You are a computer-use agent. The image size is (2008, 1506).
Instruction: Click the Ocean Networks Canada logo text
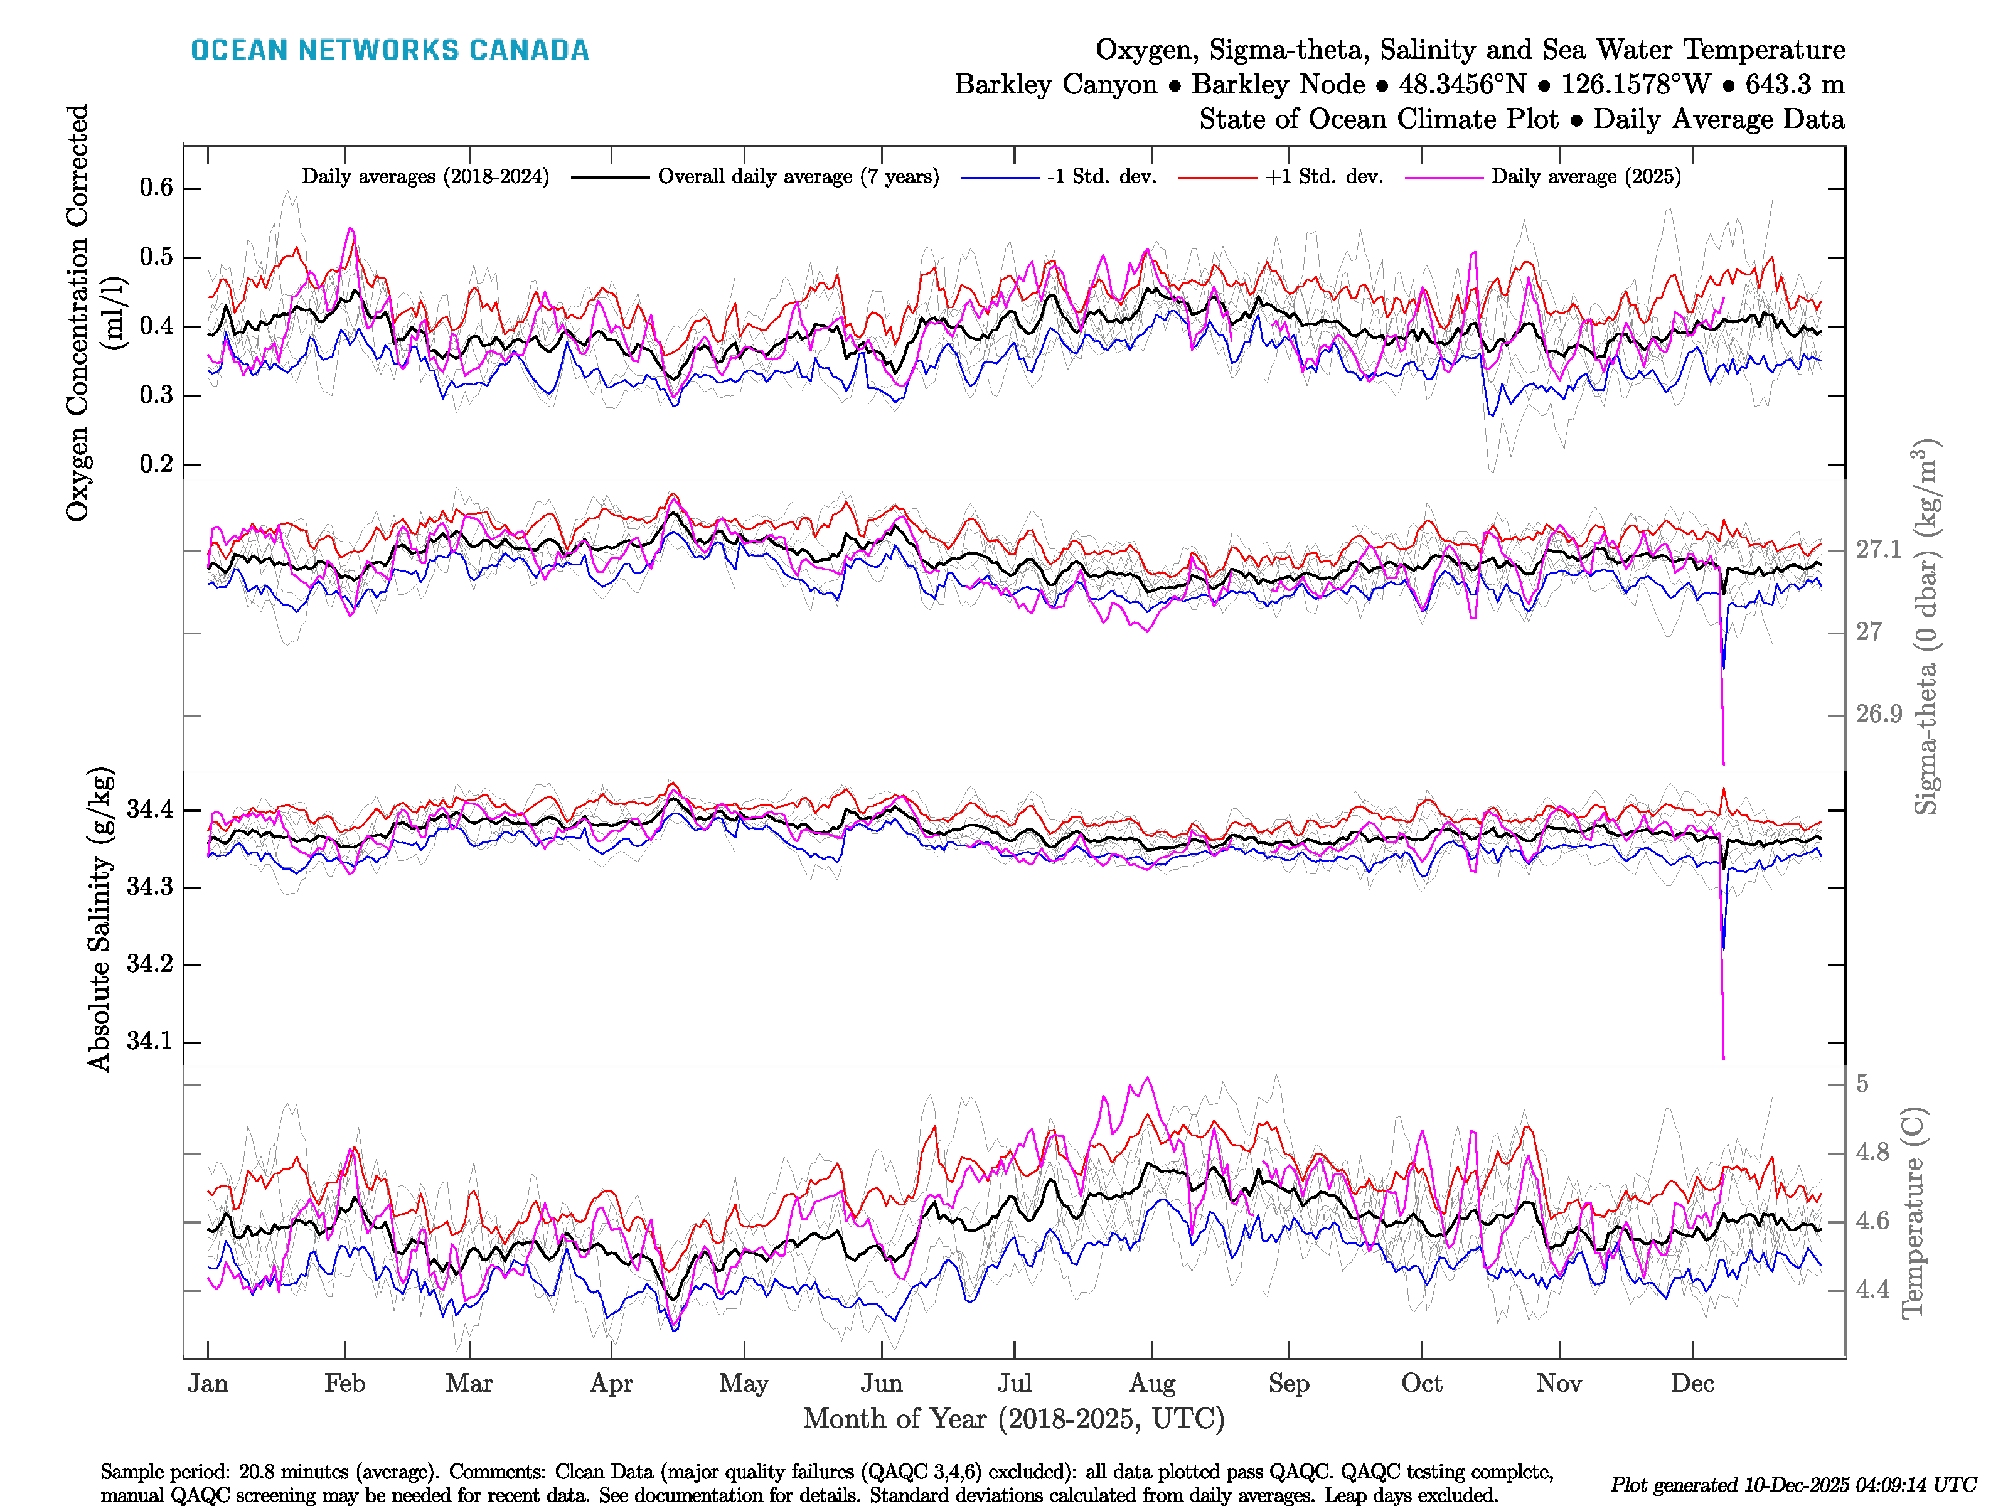(390, 50)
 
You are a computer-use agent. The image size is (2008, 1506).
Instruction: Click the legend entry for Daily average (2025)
(1585, 177)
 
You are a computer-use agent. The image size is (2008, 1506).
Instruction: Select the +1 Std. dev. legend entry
(1323, 177)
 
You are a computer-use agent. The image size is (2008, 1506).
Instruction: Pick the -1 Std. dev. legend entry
(1101, 177)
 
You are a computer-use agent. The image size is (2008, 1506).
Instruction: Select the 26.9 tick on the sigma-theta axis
(1878, 715)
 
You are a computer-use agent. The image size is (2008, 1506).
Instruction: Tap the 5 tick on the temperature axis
(1862, 1084)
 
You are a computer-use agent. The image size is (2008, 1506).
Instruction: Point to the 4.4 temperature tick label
(1872, 1290)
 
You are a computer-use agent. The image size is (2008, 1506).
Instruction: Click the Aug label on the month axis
(1152, 1384)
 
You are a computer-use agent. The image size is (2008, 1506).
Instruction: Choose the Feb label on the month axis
(345, 1384)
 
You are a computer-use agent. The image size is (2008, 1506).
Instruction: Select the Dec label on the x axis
(1692, 1384)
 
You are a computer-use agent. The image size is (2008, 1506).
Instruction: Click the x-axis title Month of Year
(1013, 1419)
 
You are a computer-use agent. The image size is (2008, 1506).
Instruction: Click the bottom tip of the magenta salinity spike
(1723, 1057)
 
